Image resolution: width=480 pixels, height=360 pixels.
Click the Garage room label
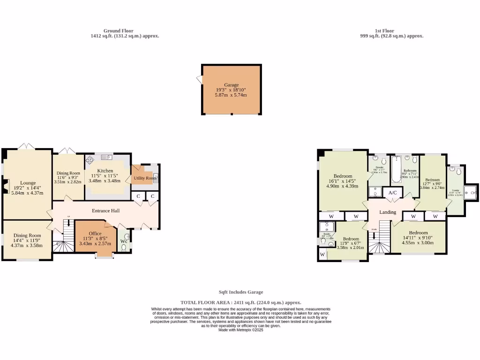pos(231,85)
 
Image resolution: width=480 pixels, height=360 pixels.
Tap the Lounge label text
pos(28,183)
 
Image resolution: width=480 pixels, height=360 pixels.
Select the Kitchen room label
pos(105,171)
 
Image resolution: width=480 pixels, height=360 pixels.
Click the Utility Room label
pos(145,178)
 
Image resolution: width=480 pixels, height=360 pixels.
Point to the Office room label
pos(95,233)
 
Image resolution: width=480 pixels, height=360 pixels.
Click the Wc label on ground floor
pos(124,241)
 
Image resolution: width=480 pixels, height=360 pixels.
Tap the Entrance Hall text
pos(105,211)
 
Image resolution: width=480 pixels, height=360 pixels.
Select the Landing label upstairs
pos(388,212)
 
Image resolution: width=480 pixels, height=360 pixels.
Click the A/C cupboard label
pos(392,192)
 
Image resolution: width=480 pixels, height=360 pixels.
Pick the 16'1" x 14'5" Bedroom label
pos(343,176)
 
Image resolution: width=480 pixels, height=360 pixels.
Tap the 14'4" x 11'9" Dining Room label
pos(27,236)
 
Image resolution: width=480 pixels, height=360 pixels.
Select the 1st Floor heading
pos(384,31)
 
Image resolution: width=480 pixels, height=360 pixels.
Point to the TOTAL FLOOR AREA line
pos(240,303)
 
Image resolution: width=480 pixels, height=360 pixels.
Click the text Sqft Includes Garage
pos(240,292)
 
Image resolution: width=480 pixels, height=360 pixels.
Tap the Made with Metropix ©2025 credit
pos(241,330)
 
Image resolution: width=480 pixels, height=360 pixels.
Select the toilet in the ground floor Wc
pos(124,247)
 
